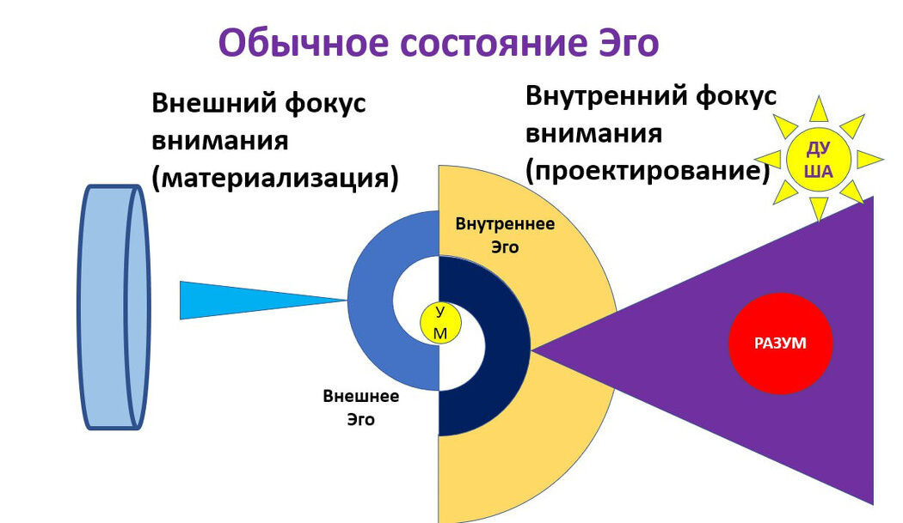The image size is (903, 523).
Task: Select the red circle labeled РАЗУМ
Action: click(x=780, y=343)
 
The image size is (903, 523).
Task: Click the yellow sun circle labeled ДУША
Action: click(x=819, y=160)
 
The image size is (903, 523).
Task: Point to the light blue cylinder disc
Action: click(x=114, y=307)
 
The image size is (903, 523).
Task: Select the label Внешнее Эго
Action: click(x=360, y=409)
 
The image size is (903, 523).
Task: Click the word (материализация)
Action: click(x=275, y=178)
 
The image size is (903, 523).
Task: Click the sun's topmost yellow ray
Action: click(x=819, y=109)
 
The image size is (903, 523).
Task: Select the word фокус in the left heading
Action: click(x=323, y=103)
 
